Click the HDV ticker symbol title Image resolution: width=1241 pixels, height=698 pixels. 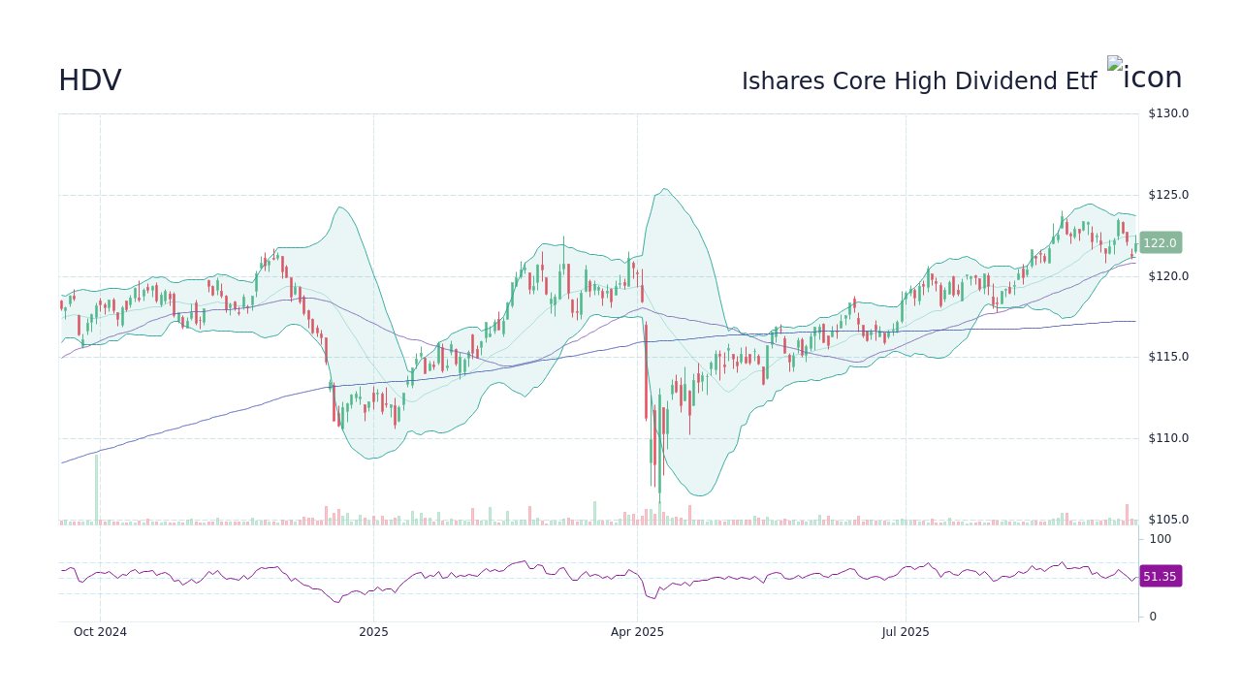(90, 80)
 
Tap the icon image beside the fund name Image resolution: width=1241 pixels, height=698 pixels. (1144, 76)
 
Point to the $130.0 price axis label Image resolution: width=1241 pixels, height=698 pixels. (1167, 113)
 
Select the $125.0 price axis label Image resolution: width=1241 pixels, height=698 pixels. (1167, 195)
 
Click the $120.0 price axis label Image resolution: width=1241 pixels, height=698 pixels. (1167, 276)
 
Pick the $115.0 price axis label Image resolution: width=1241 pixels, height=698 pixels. (1167, 357)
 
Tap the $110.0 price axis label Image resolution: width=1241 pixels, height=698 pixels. (1167, 438)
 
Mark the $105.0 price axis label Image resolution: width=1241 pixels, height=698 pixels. (1167, 520)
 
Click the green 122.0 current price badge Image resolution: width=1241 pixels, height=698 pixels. (1160, 243)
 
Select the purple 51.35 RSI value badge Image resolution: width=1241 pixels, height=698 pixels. (1160, 576)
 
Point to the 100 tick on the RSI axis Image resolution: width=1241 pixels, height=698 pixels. (1161, 539)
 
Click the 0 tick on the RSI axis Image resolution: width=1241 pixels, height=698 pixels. (1153, 617)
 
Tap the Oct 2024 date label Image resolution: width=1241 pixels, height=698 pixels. (100, 632)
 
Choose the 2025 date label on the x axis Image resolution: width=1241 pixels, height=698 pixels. (373, 632)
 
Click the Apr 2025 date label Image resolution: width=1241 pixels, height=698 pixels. (637, 632)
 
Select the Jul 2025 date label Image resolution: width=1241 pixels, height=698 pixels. (906, 632)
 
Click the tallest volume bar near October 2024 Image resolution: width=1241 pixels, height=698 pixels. (96, 490)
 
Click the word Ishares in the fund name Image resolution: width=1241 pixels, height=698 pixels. (778, 81)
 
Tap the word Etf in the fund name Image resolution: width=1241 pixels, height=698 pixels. (1081, 81)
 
